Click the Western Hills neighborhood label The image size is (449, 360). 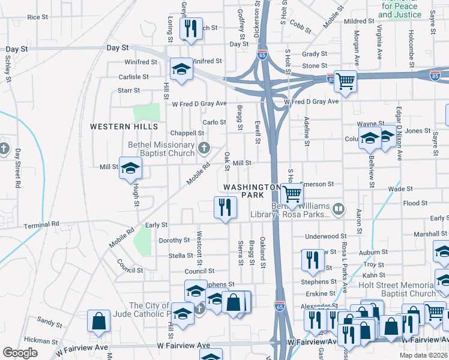click(124, 127)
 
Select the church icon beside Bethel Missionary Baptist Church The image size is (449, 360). click(204, 148)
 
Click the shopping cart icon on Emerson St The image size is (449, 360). click(292, 194)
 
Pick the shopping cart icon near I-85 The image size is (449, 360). click(345, 80)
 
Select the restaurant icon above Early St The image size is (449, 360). click(225, 207)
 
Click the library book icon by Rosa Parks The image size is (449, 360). click(339, 209)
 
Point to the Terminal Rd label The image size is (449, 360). click(42, 224)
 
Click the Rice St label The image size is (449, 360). click(37, 17)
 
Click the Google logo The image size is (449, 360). click(20, 353)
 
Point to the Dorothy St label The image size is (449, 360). click(174, 240)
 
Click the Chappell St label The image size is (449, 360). click(188, 133)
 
